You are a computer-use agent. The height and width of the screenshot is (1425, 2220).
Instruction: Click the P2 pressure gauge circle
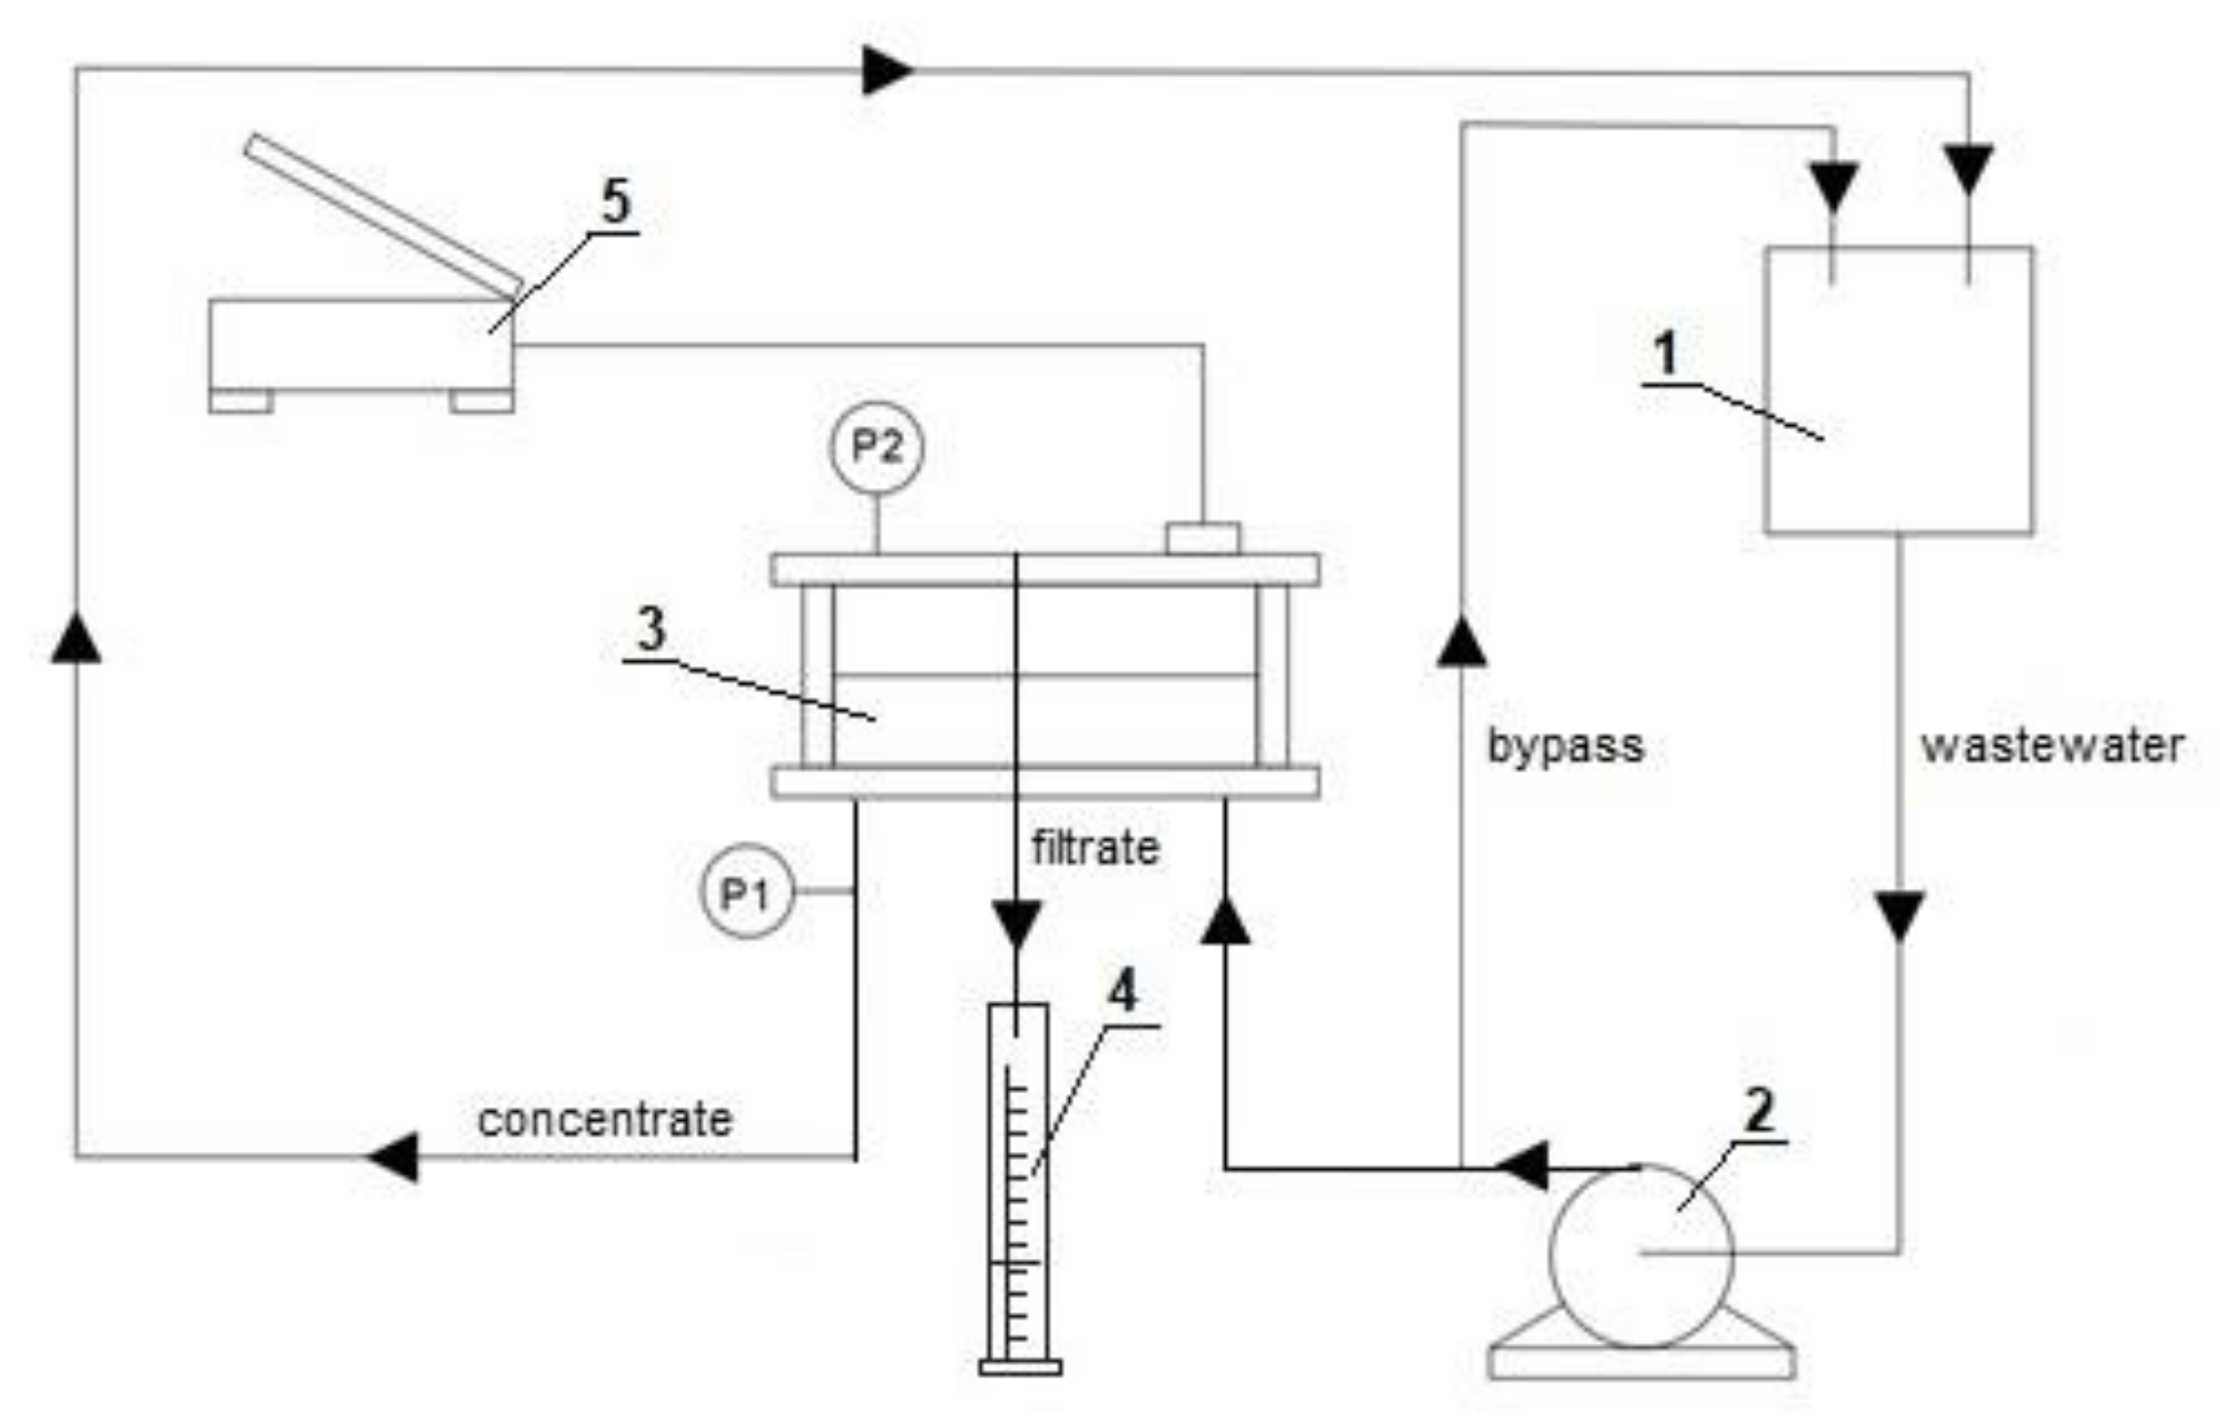(876, 447)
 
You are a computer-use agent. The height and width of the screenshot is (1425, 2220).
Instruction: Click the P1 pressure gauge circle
(746, 891)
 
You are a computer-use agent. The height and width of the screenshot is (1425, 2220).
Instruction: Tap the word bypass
(1565, 748)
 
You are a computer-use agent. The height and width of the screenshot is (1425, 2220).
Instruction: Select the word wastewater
(2051, 747)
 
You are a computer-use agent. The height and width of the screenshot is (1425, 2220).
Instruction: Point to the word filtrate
(1095, 848)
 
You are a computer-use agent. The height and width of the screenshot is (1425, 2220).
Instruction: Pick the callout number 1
(1665, 353)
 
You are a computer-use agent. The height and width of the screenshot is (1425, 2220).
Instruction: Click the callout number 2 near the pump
(1759, 1110)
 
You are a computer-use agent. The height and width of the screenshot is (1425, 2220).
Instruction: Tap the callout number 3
(652, 629)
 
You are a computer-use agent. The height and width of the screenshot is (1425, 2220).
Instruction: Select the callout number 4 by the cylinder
(1123, 993)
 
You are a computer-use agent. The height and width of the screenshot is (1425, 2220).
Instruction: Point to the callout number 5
(615, 202)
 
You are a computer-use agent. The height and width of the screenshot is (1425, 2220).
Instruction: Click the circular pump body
(1641, 1256)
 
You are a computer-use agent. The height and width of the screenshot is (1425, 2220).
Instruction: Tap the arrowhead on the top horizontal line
(886, 71)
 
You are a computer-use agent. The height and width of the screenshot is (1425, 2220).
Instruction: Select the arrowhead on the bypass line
(1461, 640)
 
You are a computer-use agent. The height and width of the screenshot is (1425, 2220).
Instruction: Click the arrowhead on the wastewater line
(1898, 916)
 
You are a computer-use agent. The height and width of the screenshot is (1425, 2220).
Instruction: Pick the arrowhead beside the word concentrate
(394, 1157)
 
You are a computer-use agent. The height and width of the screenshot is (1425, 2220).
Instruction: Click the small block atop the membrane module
(1203, 538)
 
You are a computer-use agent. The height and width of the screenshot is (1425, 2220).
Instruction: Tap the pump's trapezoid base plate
(1641, 1360)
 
